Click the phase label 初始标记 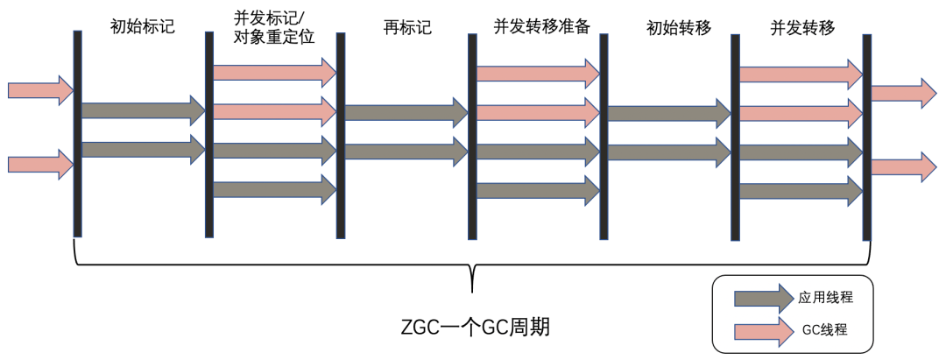click(143, 26)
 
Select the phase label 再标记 click(408, 27)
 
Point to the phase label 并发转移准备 click(541, 27)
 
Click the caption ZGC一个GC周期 click(476, 328)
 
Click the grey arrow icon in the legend click(763, 298)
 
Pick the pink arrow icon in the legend click(763, 331)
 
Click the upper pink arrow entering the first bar click(40, 90)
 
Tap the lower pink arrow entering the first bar click(40, 164)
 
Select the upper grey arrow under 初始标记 click(144, 110)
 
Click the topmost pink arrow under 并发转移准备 click(538, 74)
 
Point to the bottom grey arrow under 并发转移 click(801, 191)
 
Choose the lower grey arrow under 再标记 click(406, 152)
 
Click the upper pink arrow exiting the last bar click(904, 93)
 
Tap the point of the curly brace click(472, 292)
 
